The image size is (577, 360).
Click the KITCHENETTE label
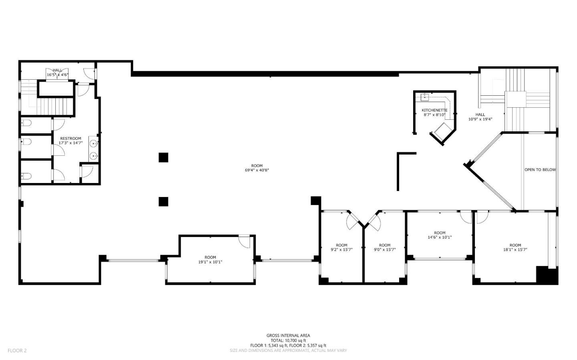434,110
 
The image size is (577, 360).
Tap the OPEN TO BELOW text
540,170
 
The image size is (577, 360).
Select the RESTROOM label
71,139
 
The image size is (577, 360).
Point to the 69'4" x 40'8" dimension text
257,170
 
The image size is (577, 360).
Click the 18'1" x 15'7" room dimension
515,249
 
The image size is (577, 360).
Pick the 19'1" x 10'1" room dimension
210,262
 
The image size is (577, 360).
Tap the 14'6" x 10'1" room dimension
440,237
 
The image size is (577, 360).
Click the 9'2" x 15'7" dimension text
341,249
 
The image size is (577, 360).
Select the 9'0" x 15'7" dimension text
385,249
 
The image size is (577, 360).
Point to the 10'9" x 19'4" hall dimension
480,119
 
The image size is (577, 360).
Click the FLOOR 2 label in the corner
17,350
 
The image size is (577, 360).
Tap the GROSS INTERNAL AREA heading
288,336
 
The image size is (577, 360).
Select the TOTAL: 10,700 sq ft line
288,340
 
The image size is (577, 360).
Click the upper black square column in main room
163,157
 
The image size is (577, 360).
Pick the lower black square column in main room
163,201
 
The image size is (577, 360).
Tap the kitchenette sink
425,97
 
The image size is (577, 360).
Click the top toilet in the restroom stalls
26,123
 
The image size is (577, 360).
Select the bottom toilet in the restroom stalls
26,176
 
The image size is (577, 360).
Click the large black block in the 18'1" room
547,275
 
